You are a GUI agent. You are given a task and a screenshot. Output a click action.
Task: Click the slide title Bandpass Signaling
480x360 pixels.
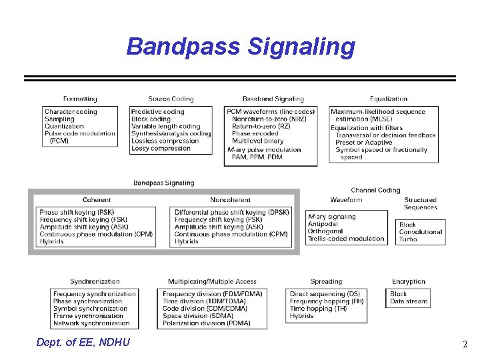point(241,47)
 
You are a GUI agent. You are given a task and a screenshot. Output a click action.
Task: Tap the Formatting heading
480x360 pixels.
point(80,99)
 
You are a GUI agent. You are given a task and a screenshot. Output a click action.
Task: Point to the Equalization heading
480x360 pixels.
point(389,99)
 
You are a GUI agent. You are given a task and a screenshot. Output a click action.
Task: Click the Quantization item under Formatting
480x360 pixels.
point(65,127)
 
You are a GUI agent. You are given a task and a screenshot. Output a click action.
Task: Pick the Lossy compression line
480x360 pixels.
point(161,149)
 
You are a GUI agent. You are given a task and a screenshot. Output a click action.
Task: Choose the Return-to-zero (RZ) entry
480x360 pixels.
point(261,126)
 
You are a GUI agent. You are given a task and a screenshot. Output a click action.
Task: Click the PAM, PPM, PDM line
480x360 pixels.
point(257,157)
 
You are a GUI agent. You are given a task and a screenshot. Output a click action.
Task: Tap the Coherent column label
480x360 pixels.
point(97,200)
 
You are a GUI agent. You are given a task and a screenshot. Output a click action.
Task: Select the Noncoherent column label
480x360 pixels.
point(230,200)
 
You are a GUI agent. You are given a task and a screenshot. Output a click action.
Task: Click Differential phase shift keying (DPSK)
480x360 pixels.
point(232,213)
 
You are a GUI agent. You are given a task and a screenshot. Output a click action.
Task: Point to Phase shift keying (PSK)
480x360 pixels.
point(77,213)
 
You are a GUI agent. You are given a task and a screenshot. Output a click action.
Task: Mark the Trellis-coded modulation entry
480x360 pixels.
point(346,239)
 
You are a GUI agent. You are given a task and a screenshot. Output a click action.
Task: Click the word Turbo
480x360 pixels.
point(408,239)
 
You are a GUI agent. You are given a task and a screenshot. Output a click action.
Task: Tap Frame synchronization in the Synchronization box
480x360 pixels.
point(88,316)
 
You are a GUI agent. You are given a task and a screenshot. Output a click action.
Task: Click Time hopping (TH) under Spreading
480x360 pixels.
point(319,309)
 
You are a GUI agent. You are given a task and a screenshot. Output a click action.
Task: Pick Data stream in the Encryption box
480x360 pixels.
point(409,301)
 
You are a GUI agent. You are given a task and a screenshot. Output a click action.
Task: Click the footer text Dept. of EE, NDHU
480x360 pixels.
point(83,343)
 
